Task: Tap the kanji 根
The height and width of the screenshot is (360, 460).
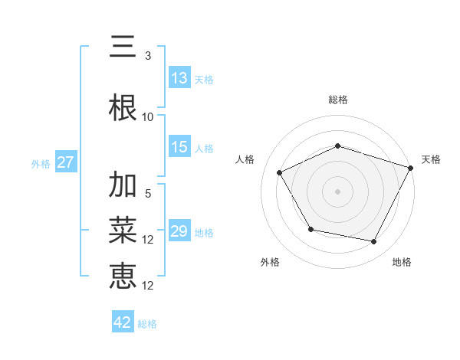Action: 123,108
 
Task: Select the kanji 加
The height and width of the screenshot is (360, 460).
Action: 123,185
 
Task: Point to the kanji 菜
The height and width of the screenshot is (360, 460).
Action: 123,229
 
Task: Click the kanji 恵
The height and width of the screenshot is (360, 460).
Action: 123,273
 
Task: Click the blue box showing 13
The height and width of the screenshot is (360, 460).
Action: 179,78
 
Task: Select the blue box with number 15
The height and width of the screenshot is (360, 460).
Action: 179,147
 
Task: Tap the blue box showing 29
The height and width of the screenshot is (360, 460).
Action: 179,231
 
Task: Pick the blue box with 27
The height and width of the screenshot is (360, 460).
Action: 65,162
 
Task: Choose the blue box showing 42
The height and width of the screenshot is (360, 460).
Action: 123,322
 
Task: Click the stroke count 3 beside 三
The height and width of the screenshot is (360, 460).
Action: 148,56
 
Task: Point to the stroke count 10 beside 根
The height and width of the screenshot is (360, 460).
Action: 148,117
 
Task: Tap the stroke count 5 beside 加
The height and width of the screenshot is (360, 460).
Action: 148,194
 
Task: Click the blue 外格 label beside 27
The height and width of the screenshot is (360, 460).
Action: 40,163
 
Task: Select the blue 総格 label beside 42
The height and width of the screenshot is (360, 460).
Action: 147,324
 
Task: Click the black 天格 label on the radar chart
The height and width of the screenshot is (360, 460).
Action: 431,159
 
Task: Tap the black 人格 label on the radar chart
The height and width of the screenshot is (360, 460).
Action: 245,159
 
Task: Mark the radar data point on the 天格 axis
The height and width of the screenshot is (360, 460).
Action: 411,167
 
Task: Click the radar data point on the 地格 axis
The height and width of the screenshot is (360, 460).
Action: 374,242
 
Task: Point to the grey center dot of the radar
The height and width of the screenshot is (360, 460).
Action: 337,191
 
